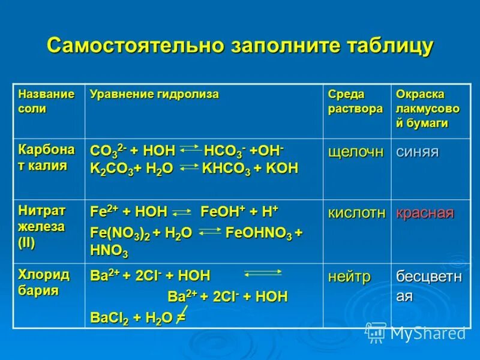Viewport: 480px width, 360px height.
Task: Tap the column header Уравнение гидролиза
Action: (154, 94)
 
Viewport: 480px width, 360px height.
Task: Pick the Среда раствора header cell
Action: (355, 101)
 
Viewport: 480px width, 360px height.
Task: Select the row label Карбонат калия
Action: (46, 158)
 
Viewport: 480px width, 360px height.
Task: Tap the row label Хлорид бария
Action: (43, 283)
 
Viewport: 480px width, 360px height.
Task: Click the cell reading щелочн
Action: (356, 152)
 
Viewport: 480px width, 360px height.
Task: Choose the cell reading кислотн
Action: (356, 214)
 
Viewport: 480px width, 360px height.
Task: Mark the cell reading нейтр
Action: (349, 277)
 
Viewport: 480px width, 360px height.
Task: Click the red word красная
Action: (425, 214)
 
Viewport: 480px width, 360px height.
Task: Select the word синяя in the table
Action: (417, 152)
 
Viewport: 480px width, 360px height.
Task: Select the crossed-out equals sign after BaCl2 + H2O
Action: (179, 317)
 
